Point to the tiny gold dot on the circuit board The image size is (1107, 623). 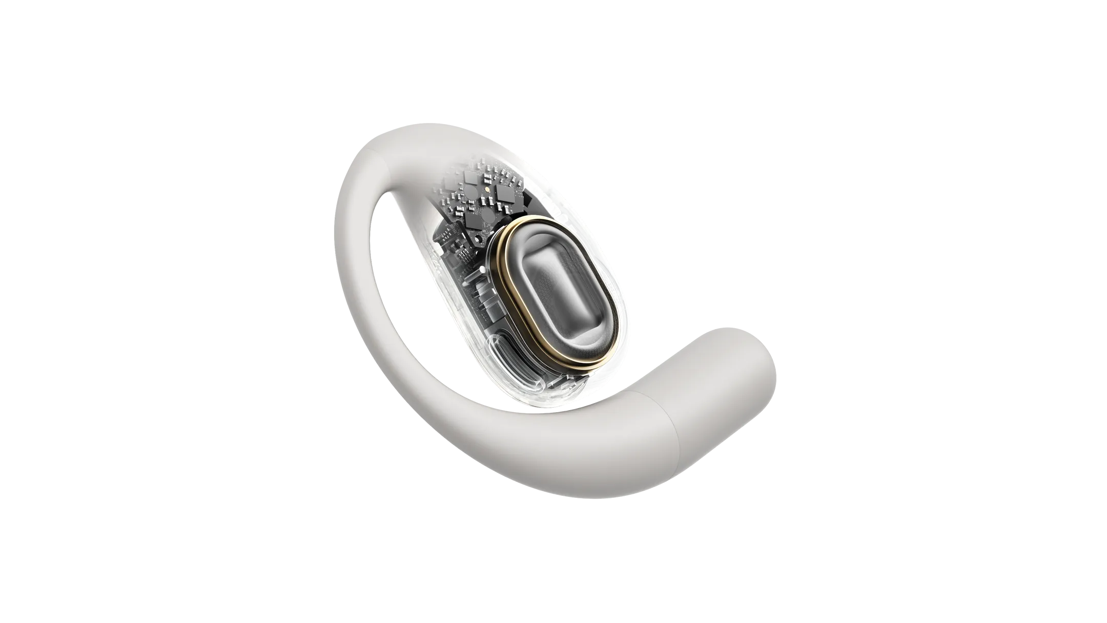click(487, 189)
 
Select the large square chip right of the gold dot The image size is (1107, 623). click(505, 194)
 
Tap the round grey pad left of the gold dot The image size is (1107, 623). click(471, 193)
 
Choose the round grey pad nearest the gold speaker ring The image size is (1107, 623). click(488, 215)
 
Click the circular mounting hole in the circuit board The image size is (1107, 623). click(478, 238)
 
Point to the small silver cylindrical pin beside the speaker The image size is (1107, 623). click(474, 275)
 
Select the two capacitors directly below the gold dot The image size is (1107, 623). click(487, 201)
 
